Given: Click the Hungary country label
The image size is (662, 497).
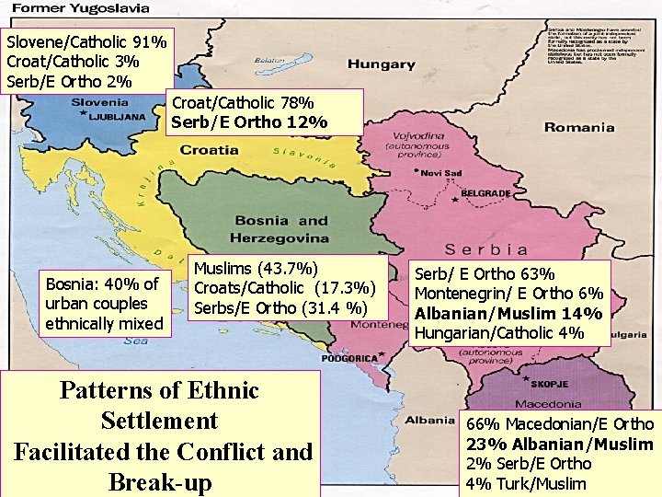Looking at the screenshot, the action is pyautogui.click(x=381, y=64).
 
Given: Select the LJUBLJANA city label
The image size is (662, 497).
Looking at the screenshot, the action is pyautogui.click(x=116, y=118).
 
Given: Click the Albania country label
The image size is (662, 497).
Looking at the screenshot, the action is pyautogui.click(x=429, y=421).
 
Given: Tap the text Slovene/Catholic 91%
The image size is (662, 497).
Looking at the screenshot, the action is pyautogui.click(x=86, y=42).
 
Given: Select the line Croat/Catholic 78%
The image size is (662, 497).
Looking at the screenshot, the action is pyautogui.click(x=242, y=101).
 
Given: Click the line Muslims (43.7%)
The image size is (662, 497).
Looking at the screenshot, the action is pyautogui.click(x=257, y=268).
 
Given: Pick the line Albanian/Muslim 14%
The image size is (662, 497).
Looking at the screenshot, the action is pyautogui.click(x=508, y=313).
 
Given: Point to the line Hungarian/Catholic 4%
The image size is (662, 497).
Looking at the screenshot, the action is pyautogui.click(x=498, y=333).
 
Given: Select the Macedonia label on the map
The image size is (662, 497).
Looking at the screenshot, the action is pyautogui.click(x=548, y=405).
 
